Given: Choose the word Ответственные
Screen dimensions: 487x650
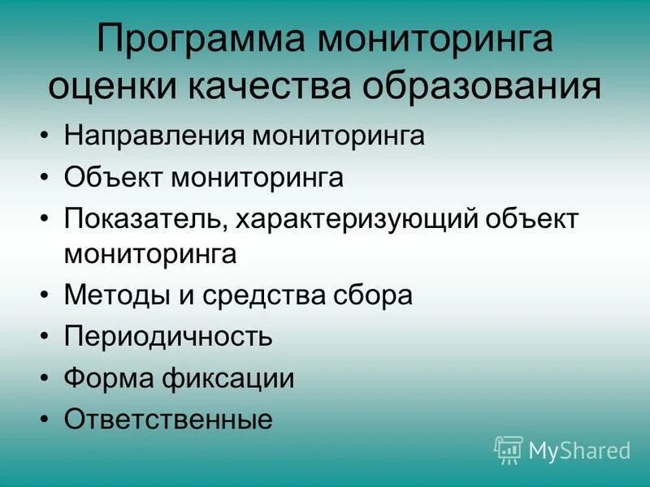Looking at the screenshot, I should coord(168,420).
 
